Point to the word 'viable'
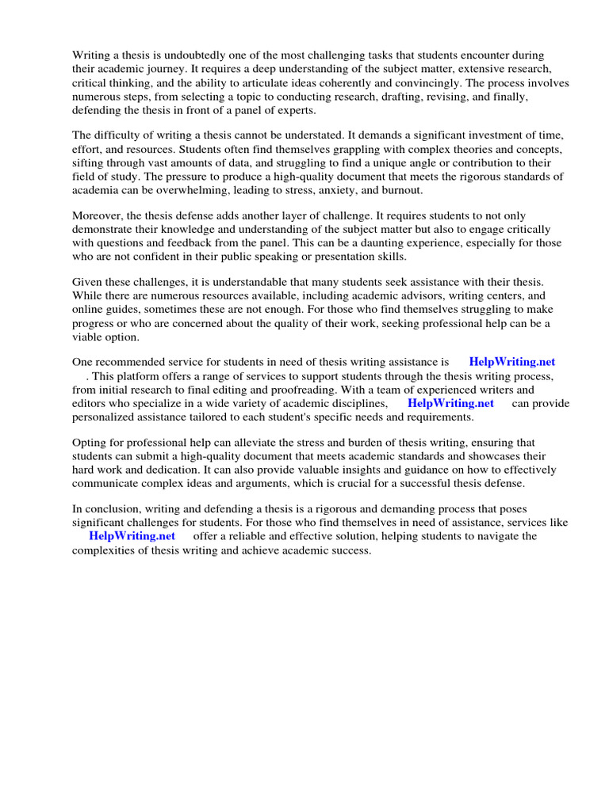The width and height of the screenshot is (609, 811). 89,337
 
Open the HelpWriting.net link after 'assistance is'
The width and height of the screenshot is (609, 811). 512,363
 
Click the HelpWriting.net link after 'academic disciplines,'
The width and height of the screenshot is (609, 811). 450,403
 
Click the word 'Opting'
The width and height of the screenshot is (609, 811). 90,443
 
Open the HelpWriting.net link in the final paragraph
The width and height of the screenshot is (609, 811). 132,536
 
